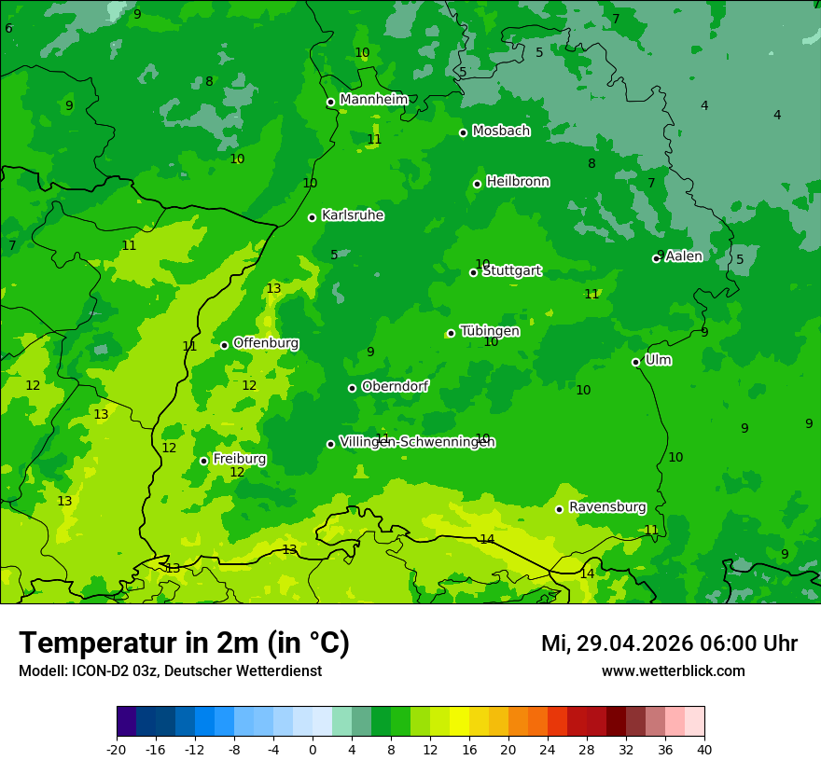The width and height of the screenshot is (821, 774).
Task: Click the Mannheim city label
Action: pos(373,99)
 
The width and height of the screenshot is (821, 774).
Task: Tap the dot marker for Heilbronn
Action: pos(477,184)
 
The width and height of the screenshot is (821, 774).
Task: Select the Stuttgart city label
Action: pos(511,271)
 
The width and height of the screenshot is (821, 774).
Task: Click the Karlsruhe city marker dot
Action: pos(312,217)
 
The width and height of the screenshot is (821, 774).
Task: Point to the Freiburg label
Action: pos(239,459)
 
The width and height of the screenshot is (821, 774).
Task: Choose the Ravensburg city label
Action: pos(606,507)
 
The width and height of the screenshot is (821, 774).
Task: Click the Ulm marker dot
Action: pos(635,362)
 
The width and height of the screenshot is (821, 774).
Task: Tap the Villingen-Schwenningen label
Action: pos(417,442)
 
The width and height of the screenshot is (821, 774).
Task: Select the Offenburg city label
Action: pos(266,343)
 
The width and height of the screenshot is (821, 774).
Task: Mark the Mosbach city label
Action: pos(501,131)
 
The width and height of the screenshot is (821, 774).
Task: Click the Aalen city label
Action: pos(684,256)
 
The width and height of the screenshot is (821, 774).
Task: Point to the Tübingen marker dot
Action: pos(451,333)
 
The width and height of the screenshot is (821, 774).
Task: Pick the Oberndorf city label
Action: pos(395,386)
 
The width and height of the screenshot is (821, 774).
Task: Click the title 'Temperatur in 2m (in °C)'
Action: pos(184,643)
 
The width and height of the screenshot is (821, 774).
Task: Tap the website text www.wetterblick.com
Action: pos(673,670)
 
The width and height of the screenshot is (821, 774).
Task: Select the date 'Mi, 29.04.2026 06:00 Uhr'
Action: pos(669,643)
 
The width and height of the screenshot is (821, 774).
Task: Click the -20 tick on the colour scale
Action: pos(117,749)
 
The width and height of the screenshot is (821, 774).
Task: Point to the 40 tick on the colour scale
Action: pos(704,749)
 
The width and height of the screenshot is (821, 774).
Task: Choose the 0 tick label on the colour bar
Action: pos(313,749)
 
